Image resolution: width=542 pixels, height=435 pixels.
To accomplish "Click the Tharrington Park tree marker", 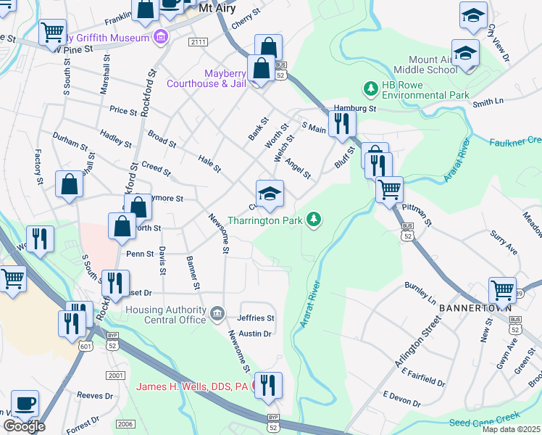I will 314,219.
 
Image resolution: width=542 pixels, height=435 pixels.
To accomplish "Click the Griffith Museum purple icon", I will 162,36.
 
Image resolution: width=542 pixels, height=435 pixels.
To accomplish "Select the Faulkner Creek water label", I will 516,140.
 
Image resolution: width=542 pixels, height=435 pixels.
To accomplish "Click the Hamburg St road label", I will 354,107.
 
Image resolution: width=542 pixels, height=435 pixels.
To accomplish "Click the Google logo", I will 24,426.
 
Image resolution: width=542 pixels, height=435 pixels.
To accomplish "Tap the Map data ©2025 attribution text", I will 512,429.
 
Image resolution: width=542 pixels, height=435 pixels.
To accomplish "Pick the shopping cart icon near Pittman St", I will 390,190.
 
